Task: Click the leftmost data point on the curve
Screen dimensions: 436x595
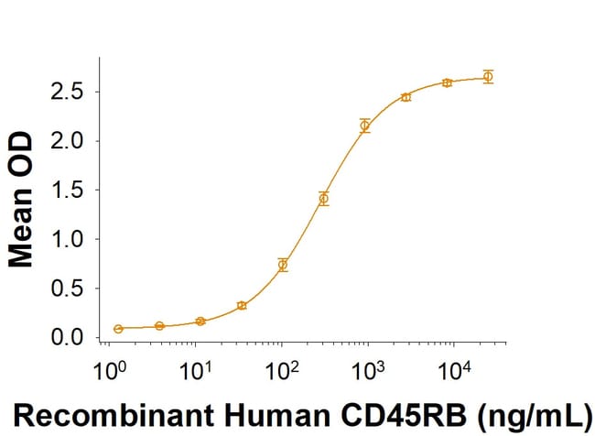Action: point(118,328)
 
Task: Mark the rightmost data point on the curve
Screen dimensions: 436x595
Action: point(488,77)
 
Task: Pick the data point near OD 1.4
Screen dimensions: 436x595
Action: point(323,198)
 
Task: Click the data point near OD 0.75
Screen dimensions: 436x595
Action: point(283,265)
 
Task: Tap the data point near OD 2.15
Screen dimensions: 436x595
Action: point(364,125)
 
